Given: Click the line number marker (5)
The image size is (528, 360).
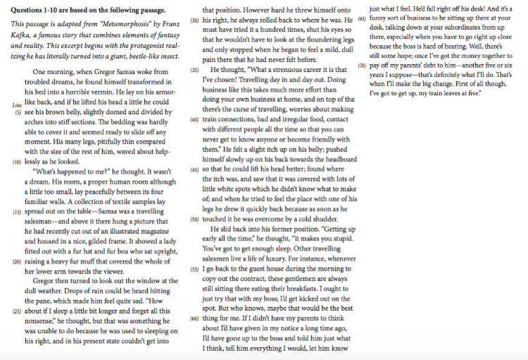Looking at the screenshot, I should (18, 111).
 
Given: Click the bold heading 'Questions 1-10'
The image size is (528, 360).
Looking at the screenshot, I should (48, 11).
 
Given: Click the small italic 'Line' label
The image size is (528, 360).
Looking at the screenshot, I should (17, 104).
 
